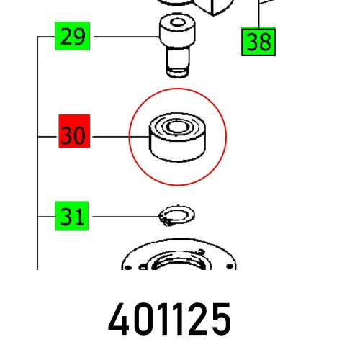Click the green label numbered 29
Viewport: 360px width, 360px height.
[x=72, y=36]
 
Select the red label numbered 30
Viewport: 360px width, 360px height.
[x=74, y=131]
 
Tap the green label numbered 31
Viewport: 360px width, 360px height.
[x=72, y=216]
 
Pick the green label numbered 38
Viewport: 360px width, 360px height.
[x=258, y=42]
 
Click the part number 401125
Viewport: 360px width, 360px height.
[x=170, y=319]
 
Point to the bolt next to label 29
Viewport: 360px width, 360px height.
[x=177, y=45]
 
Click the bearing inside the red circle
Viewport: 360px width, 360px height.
[x=177, y=138]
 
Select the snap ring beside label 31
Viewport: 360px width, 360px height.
[x=176, y=215]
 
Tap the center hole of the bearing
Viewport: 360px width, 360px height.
[x=178, y=127]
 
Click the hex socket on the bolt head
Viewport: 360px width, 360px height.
[x=177, y=23]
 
